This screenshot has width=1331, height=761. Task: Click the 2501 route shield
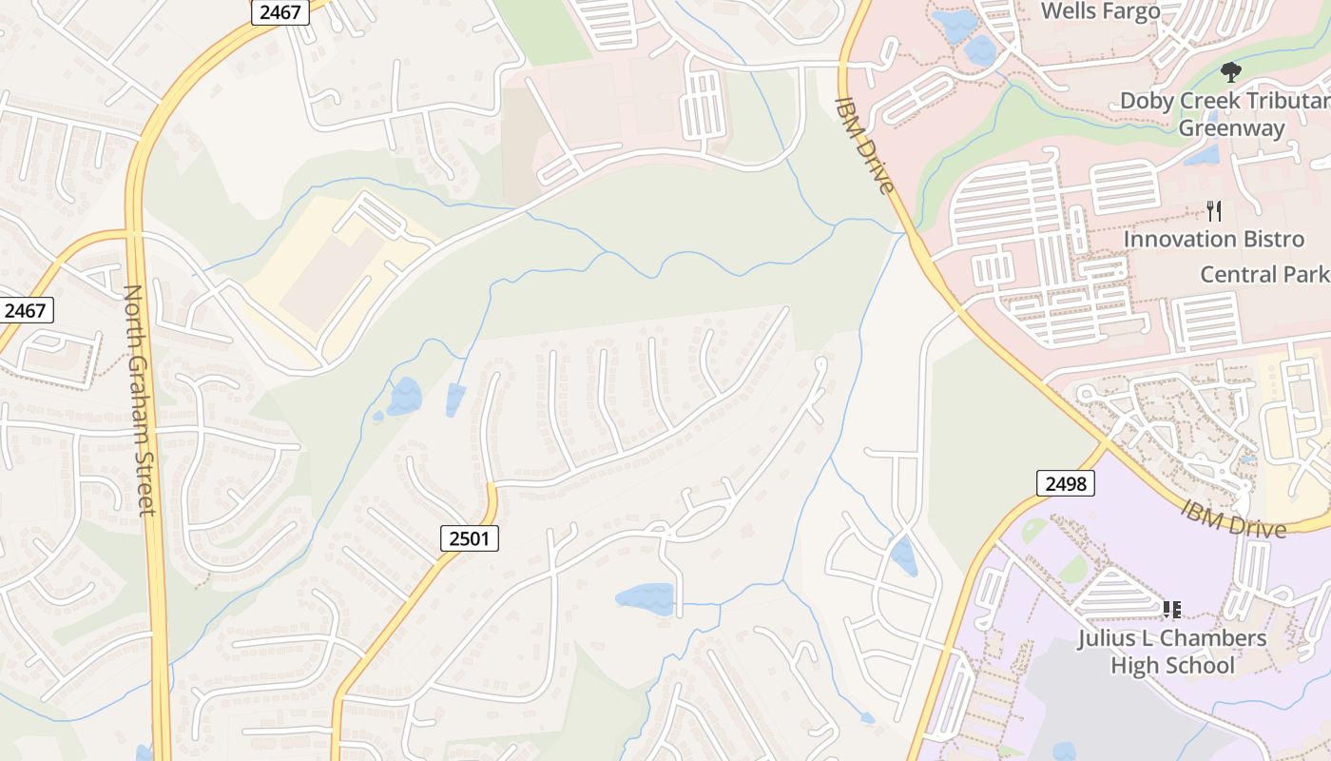470,539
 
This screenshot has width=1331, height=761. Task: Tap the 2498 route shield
1065,483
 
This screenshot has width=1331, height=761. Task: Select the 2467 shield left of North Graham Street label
26,310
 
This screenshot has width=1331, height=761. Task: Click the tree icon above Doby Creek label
1231,71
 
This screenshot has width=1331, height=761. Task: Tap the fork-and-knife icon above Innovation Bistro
1213,210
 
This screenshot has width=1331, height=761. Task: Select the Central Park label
1263,275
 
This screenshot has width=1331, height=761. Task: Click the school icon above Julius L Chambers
1171,609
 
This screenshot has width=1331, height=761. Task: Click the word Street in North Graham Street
145,484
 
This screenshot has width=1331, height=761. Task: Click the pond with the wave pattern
646,598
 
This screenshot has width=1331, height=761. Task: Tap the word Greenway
1231,128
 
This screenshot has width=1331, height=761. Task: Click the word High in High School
1130,665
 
